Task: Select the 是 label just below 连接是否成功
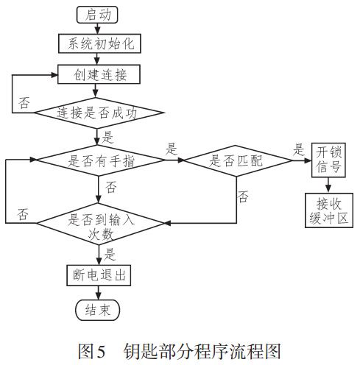(x=107, y=137)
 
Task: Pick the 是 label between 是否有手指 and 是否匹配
(x=172, y=149)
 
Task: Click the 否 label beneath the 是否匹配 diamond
(x=243, y=196)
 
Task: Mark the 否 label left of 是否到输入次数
(x=23, y=214)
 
